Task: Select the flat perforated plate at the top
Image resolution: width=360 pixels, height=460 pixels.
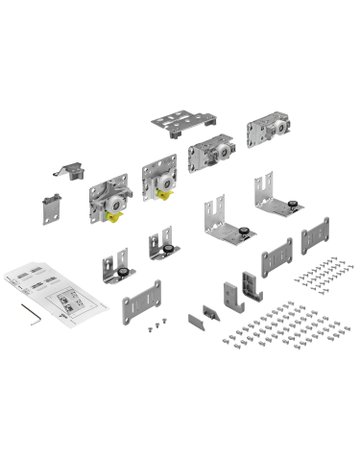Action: point(181,124)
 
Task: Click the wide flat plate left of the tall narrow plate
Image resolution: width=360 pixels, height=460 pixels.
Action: point(276,258)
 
